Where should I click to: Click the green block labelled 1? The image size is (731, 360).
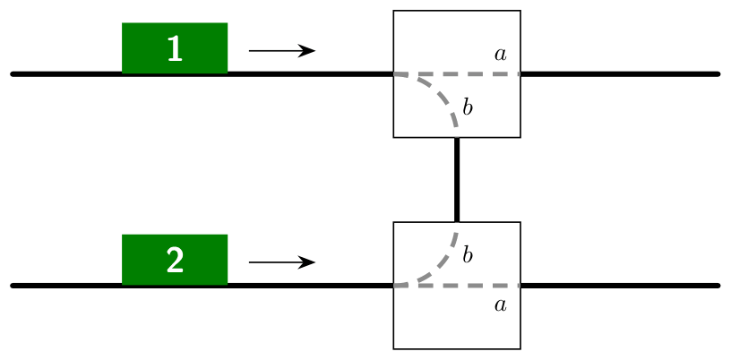pyautogui.click(x=175, y=48)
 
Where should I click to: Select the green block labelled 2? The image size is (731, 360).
pyautogui.click(x=175, y=260)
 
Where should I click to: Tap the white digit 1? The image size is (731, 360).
pyautogui.click(x=175, y=49)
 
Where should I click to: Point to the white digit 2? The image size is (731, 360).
pyautogui.click(x=175, y=261)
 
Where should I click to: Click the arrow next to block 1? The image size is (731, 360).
pyautogui.click(x=282, y=50)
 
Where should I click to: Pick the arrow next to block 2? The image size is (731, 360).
pyautogui.click(x=282, y=262)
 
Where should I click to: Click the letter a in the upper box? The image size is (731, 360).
pyautogui.click(x=500, y=55)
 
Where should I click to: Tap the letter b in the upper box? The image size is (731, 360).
pyautogui.click(x=468, y=107)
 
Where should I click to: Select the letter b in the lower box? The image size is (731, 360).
pyautogui.click(x=468, y=254)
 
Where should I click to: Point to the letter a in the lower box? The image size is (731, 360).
pyautogui.click(x=500, y=305)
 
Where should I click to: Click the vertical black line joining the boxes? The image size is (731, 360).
pyautogui.click(x=457, y=179)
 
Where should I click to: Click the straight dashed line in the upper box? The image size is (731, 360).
pyautogui.click(x=457, y=73)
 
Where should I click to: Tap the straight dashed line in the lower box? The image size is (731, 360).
pyautogui.click(x=457, y=286)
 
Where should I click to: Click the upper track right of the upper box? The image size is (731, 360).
pyautogui.click(x=620, y=73)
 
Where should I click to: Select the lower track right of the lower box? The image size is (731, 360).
pyautogui.click(x=620, y=286)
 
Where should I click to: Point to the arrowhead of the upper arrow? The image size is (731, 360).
pyautogui.click(x=309, y=50)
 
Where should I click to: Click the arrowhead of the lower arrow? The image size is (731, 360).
pyautogui.click(x=309, y=262)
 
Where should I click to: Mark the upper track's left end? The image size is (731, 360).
pyautogui.click(x=13, y=73)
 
